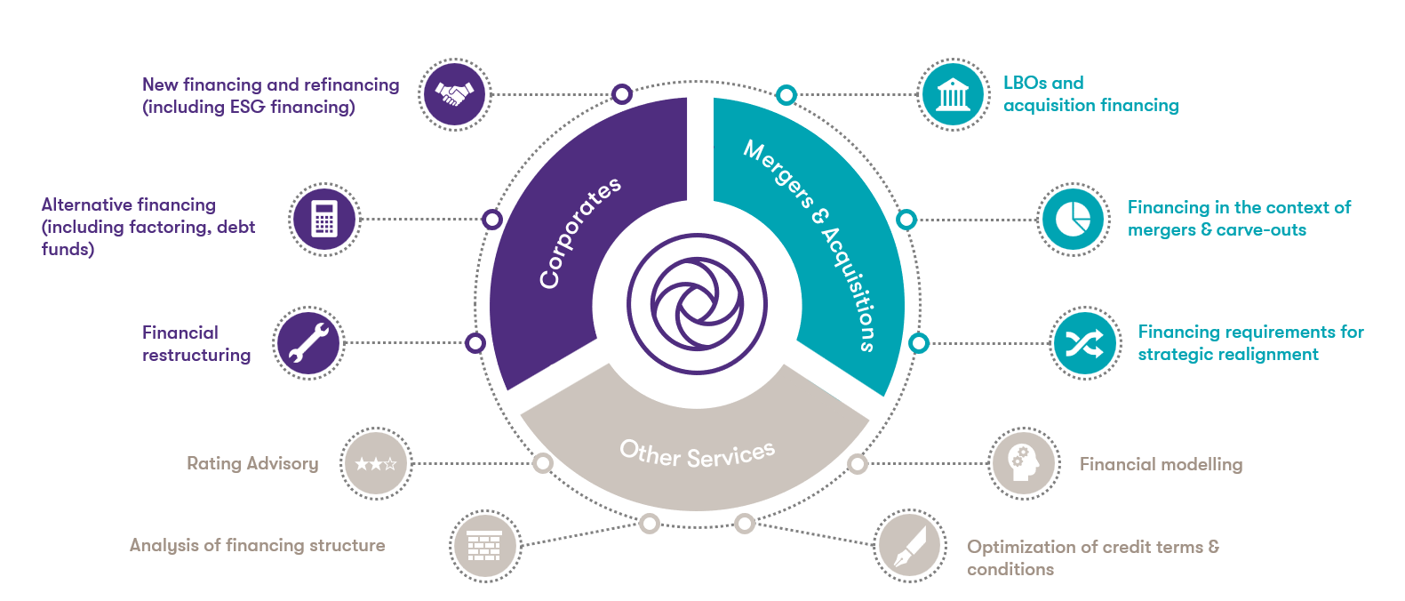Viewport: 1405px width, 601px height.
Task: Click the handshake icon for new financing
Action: click(454, 94)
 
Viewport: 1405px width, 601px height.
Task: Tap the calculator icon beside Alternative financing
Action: click(324, 219)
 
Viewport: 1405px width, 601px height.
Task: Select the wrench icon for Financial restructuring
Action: click(307, 343)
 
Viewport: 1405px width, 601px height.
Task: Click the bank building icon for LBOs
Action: click(954, 94)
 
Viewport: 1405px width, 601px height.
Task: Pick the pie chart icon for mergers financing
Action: click(1074, 220)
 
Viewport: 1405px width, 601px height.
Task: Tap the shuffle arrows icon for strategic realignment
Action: click(1085, 343)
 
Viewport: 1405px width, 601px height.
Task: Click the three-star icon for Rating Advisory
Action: click(376, 463)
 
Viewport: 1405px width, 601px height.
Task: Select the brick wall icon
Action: click(485, 546)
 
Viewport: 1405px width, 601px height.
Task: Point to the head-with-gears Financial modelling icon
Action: click(1024, 463)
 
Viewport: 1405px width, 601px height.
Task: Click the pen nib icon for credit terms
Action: click(910, 546)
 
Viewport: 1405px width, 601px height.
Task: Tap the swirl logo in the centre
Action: click(697, 304)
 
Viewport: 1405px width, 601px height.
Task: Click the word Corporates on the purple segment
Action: click(579, 234)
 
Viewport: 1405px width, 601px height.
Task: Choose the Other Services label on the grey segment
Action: click(698, 454)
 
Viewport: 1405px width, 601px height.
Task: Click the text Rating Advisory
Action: click(252, 463)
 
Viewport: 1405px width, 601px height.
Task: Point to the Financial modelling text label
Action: click(1161, 464)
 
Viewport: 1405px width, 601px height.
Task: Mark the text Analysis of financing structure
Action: click(258, 545)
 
